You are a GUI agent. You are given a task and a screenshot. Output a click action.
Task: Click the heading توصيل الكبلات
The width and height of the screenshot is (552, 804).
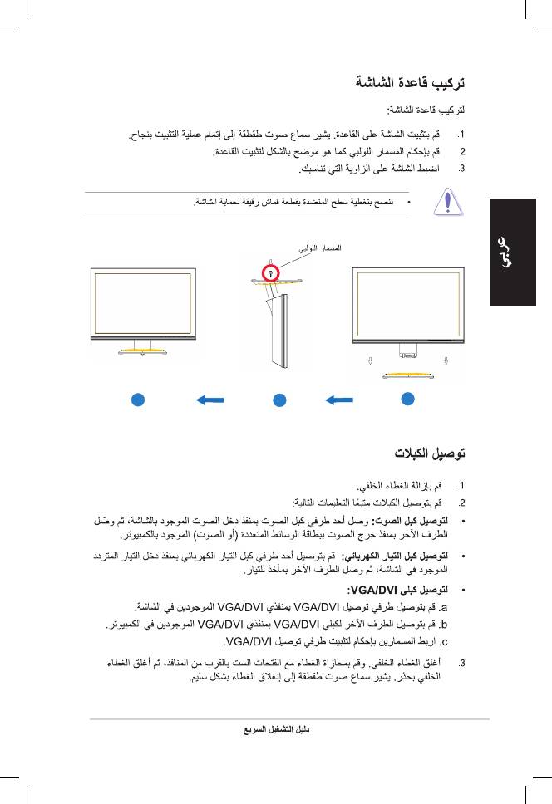[x=430, y=453]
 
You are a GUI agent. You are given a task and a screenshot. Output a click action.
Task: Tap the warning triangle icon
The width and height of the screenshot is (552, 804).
[x=447, y=203]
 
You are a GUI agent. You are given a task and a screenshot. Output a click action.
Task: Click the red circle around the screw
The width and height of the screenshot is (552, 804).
[x=270, y=272]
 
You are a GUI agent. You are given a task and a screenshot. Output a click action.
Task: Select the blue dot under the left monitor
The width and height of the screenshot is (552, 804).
[x=137, y=400]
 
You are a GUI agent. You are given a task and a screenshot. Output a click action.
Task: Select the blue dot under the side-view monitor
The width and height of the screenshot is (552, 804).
[x=280, y=400]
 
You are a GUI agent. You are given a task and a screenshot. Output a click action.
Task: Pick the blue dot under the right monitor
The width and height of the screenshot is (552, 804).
[x=407, y=399]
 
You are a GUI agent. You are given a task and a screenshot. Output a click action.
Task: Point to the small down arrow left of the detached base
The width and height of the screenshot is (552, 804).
[x=369, y=360]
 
